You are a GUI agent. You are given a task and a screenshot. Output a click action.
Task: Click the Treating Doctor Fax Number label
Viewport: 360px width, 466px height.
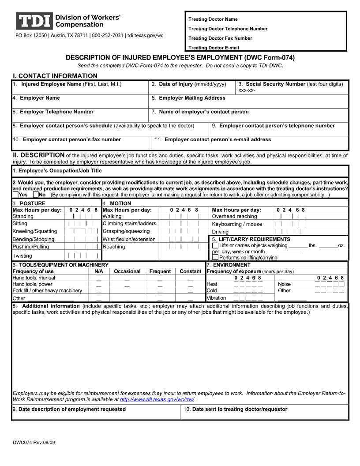click(220, 38)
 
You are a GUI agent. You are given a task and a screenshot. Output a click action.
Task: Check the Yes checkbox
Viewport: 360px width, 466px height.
click(16, 195)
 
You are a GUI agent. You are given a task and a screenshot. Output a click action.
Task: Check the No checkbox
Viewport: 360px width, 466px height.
click(36, 195)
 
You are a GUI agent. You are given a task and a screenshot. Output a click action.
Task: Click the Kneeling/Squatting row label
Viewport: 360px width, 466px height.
click(35, 231)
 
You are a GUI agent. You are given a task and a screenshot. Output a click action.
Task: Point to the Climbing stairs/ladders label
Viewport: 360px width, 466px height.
click(129, 224)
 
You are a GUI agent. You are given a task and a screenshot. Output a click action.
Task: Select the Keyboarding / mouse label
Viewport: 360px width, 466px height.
click(237, 224)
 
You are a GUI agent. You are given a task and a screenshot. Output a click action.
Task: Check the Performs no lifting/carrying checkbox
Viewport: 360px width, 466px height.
click(215, 257)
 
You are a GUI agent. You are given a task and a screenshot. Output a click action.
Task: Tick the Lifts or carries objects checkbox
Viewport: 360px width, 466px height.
click(215, 245)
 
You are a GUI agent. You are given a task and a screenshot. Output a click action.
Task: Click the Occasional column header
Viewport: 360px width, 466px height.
click(127, 271)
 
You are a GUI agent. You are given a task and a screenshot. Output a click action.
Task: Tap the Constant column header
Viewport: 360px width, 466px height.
click(190, 271)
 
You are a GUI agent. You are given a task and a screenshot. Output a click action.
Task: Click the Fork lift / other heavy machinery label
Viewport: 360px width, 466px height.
click(47, 290)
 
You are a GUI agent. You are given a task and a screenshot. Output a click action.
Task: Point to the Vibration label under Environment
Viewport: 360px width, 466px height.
click(216, 298)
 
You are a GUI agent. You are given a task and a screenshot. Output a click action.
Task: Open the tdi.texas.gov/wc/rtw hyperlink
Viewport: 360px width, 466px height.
click(157, 399)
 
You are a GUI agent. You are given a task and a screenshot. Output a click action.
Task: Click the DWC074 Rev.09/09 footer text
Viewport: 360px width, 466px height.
click(34, 442)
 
